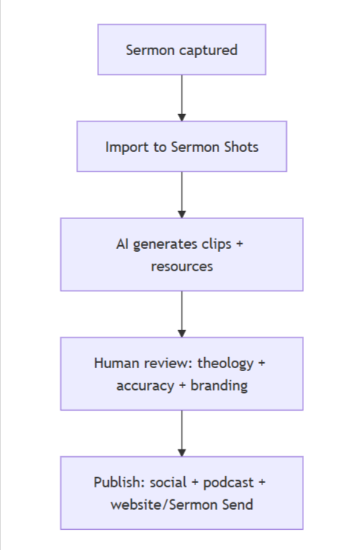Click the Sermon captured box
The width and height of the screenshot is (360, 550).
click(x=181, y=50)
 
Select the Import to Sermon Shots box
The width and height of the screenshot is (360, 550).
click(x=181, y=147)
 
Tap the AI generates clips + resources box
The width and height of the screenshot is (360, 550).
click(x=181, y=254)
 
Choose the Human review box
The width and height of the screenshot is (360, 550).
click(x=181, y=374)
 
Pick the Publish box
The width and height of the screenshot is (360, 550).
click(x=181, y=493)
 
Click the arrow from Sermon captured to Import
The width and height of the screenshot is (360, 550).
click(x=181, y=98)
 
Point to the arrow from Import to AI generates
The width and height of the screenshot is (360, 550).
click(x=181, y=195)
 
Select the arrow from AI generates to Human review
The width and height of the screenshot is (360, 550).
click(x=181, y=314)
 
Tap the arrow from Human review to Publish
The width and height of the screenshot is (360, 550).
click(x=181, y=433)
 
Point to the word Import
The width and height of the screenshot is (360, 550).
click(x=125, y=147)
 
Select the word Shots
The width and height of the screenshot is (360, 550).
click(x=240, y=147)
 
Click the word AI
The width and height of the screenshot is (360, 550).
click(x=124, y=244)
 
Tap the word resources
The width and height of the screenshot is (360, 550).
click(x=181, y=266)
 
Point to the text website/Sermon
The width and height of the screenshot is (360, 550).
click(x=165, y=505)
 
